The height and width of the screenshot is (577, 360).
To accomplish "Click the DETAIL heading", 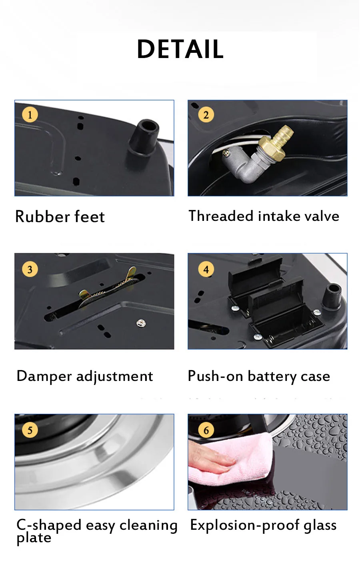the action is tap(180, 49).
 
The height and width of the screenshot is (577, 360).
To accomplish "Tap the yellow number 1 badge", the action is tap(30, 114).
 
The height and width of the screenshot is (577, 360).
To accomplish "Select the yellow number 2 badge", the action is tap(206, 114).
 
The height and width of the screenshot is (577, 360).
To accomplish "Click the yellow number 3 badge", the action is tap(30, 269).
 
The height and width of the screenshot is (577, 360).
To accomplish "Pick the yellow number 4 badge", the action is tap(206, 269).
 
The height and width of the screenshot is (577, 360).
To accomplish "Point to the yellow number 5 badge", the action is tap(30, 430).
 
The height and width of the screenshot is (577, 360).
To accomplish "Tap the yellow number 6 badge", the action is tap(206, 430).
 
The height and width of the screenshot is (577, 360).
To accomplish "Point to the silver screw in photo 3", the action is tap(141, 323).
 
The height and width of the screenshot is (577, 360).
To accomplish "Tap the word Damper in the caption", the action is tap(44, 377).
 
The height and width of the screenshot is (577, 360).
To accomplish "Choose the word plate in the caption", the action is tap(34, 539).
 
